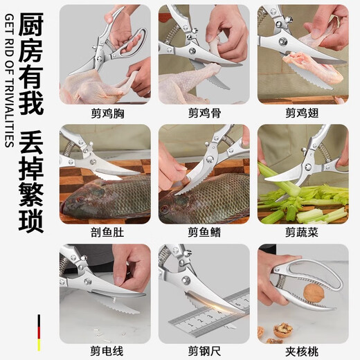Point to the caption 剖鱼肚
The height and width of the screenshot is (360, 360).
tap(104, 232)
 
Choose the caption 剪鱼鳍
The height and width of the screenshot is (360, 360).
tap(204, 232)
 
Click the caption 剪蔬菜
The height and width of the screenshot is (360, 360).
tap(303, 232)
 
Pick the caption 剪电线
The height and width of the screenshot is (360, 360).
tap(104, 351)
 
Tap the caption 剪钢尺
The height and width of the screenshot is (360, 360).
tap(204, 351)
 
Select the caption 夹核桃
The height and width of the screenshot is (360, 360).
tap(303, 351)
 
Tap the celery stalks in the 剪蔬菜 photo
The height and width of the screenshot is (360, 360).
tap(305, 201)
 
